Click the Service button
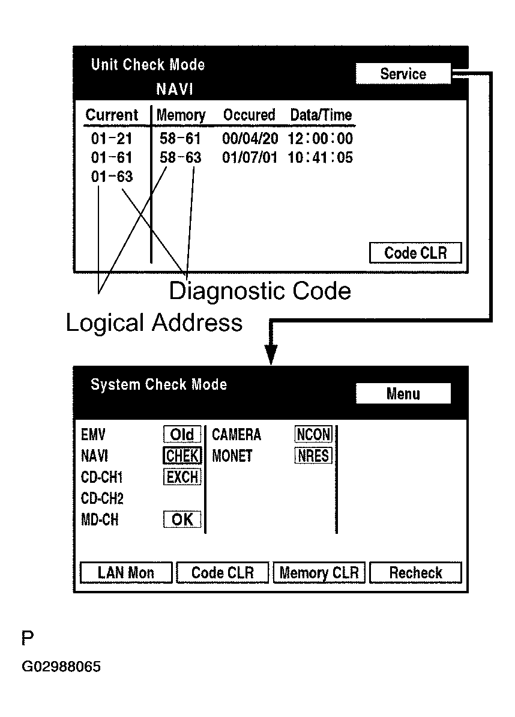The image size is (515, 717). pos(403,74)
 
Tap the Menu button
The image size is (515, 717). pos(403,394)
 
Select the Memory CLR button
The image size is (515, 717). pos(319,573)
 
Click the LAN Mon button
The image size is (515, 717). pos(126,573)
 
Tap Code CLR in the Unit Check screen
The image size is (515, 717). pos(415,253)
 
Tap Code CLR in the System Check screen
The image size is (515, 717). pos(222,573)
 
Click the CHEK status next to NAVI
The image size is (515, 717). pos(182,456)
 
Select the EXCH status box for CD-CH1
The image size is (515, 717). pos(182,477)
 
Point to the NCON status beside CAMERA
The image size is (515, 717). pos(313,434)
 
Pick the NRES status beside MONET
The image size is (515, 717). pos(313,456)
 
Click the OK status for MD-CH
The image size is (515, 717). pos(182,520)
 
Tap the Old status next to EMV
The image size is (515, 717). pos(182,434)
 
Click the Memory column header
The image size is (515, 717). pos(181,115)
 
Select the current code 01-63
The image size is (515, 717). pos(112,177)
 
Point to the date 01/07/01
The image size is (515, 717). pos(250,158)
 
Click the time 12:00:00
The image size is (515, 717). pos(320,139)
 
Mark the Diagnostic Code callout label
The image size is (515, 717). pos(259,291)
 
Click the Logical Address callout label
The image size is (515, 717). pos(154,323)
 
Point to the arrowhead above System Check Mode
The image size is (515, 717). pos(271,355)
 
